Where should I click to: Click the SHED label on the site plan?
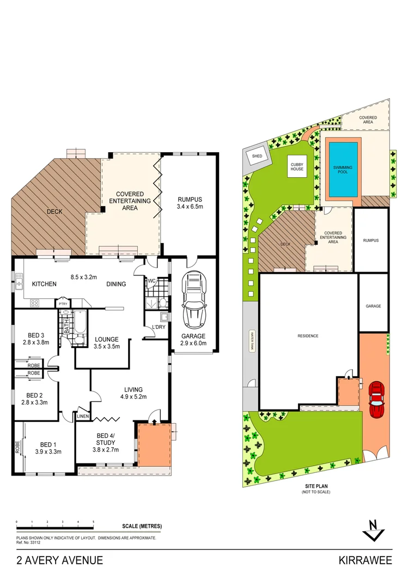click(256, 156)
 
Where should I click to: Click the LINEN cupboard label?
click(82, 416)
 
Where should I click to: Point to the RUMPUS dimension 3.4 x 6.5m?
click(189, 207)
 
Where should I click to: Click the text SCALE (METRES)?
click(142, 526)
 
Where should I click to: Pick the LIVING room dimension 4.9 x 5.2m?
click(133, 396)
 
